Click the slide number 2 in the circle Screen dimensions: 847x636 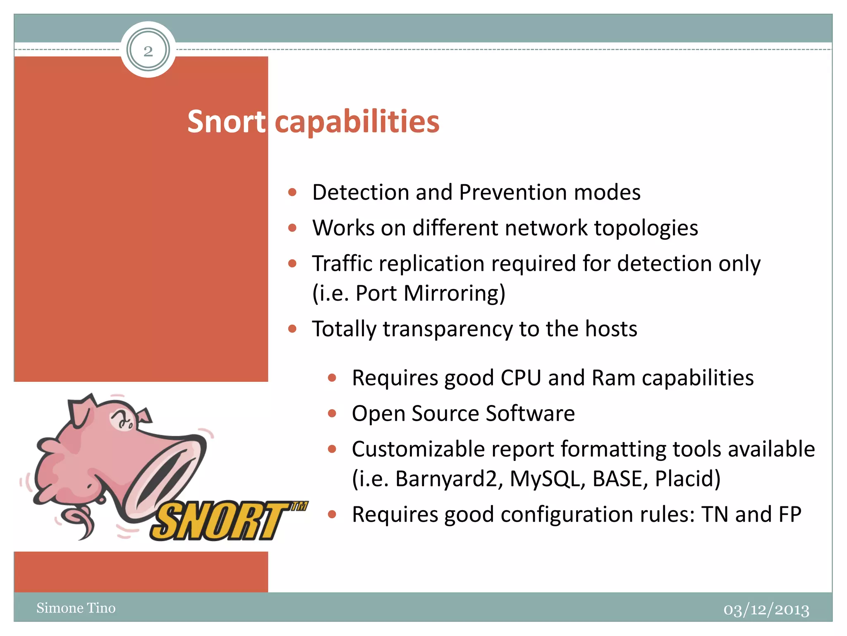(148, 51)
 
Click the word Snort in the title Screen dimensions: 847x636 (226, 122)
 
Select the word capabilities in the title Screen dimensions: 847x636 (357, 122)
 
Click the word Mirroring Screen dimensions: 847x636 (454, 294)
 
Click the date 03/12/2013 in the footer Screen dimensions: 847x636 (766, 610)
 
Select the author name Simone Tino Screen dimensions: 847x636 (76, 608)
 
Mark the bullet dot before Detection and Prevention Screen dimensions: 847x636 (292, 193)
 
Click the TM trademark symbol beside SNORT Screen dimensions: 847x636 (299, 506)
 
